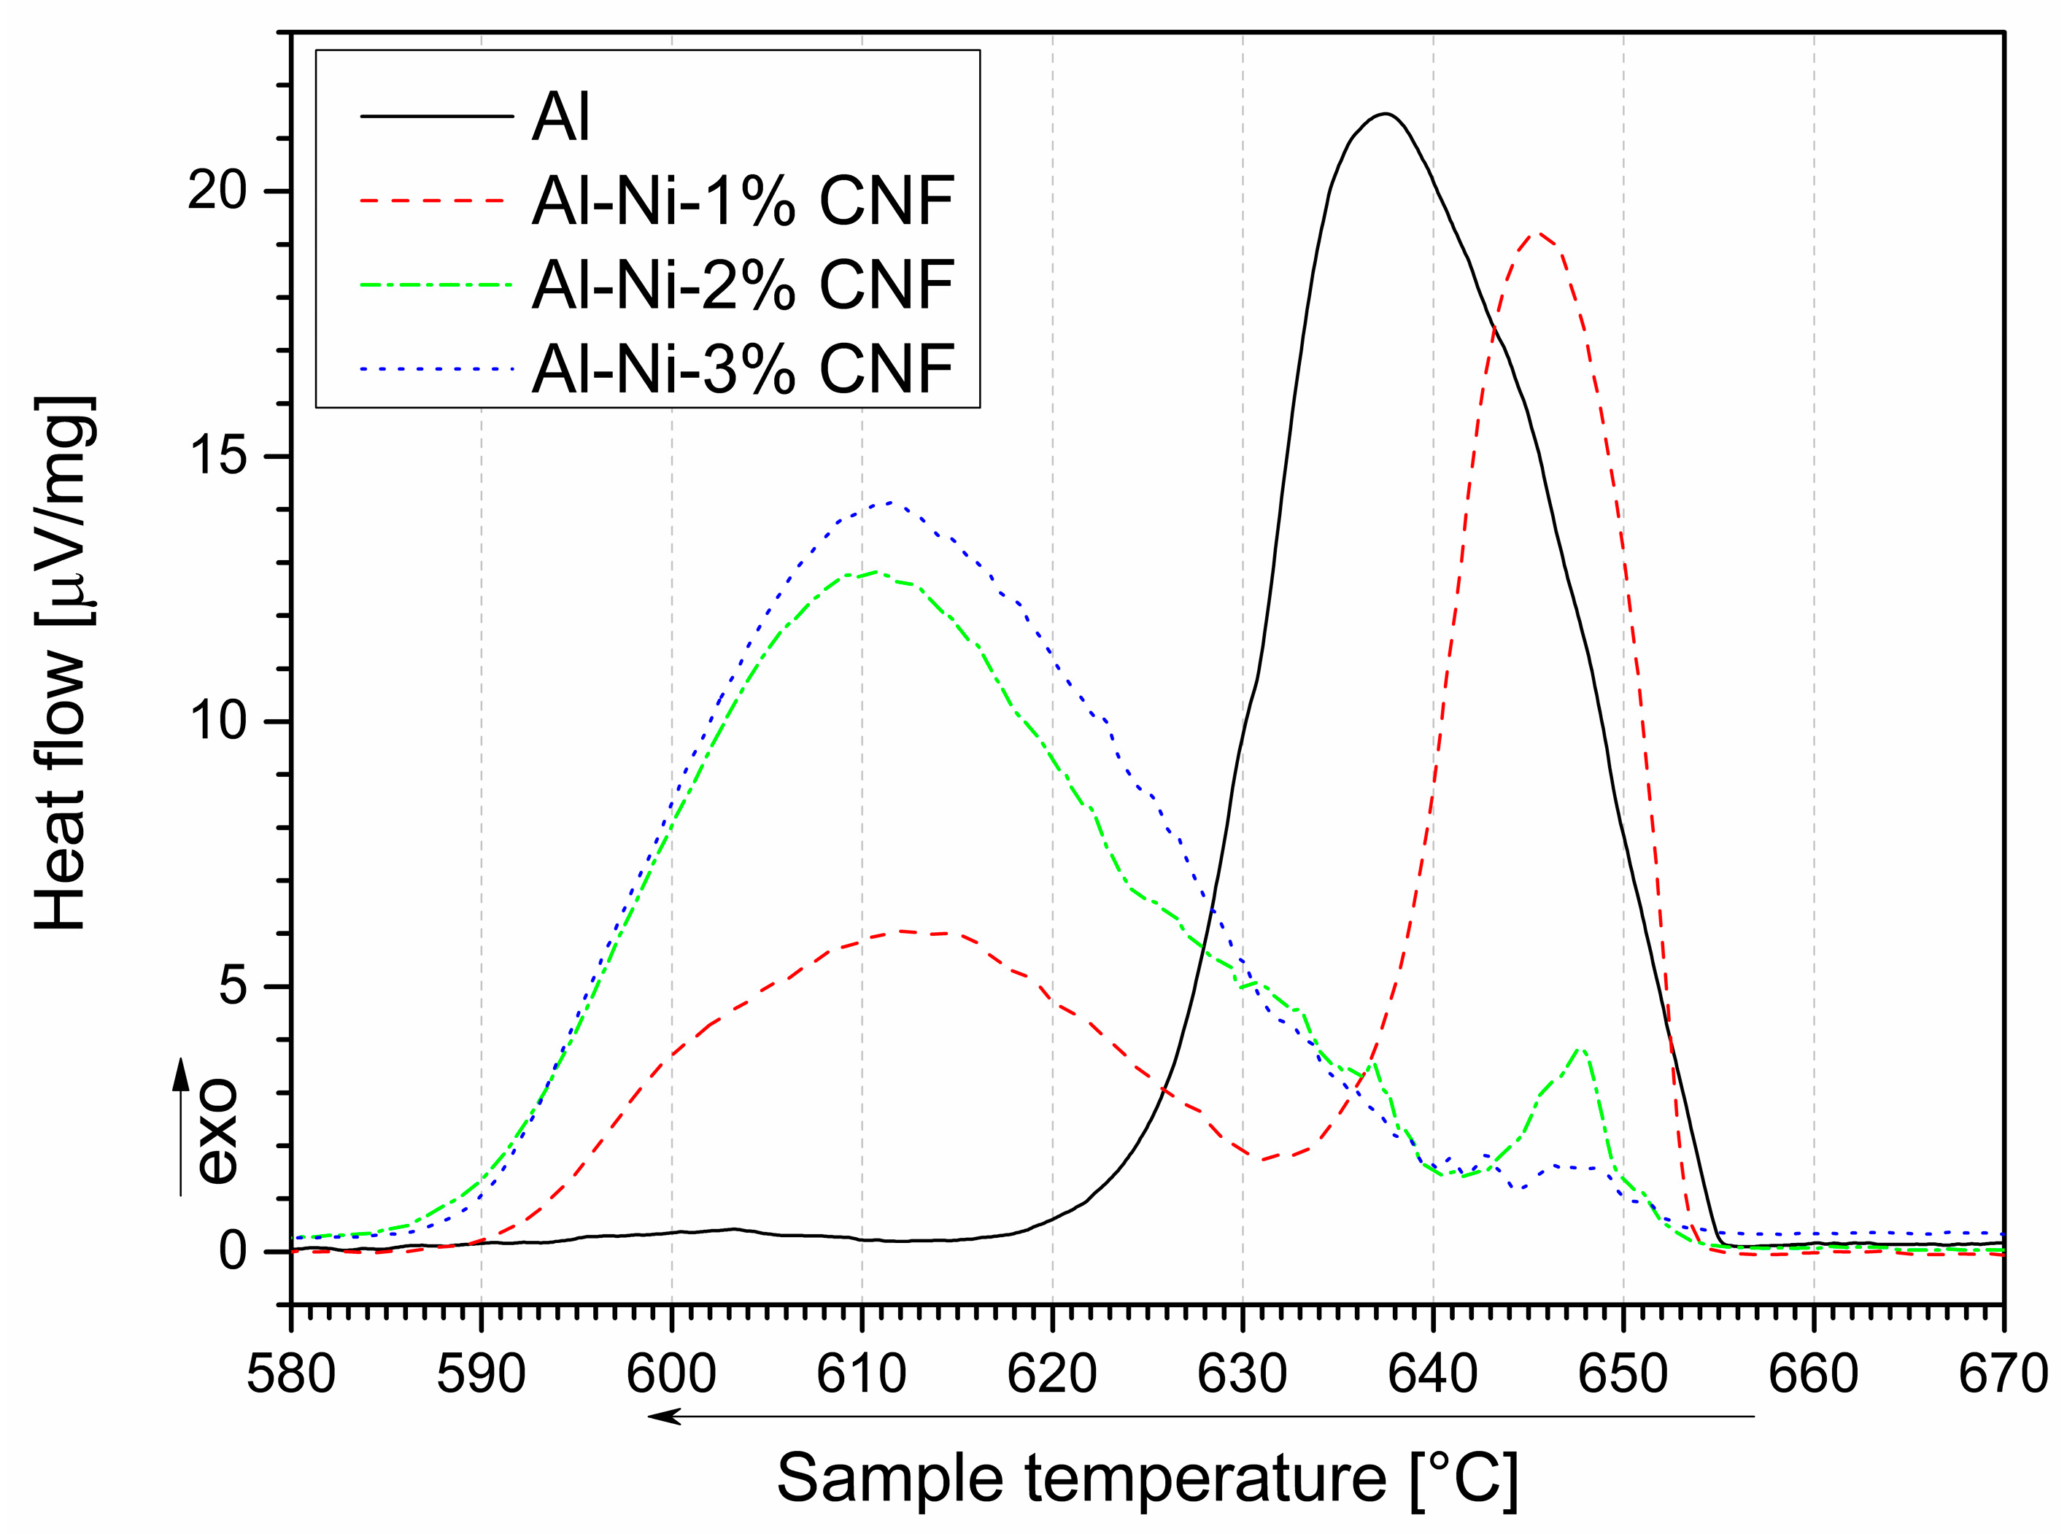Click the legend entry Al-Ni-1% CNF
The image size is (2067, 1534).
pos(743,201)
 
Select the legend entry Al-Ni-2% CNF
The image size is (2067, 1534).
pos(743,284)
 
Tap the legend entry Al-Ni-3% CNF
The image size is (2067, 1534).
pos(743,368)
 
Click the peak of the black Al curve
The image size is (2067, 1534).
pos(1386,115)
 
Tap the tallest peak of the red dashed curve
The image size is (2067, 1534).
pos(1539,233)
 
